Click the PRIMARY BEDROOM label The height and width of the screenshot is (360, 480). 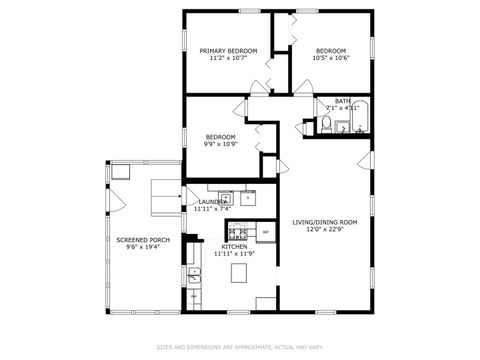click(228, 51)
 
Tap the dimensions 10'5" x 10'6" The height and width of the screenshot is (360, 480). click(331, 59)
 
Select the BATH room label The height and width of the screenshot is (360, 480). click(342, 101)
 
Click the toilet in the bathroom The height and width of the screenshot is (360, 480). click(326, 124)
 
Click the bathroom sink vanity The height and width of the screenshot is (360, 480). click(342, 127)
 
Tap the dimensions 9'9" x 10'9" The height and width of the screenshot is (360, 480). click(220, 144)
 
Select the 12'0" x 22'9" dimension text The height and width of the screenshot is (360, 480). click(325, 229)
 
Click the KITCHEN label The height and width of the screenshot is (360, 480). click(235, 246)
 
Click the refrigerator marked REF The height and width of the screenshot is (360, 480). click(265, 232)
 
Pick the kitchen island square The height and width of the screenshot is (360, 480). click(238, 273)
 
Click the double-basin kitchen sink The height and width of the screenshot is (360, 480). click(194, 276)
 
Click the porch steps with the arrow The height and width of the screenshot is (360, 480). click(160, 195)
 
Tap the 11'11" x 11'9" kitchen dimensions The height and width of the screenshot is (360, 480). click(235, 254)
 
